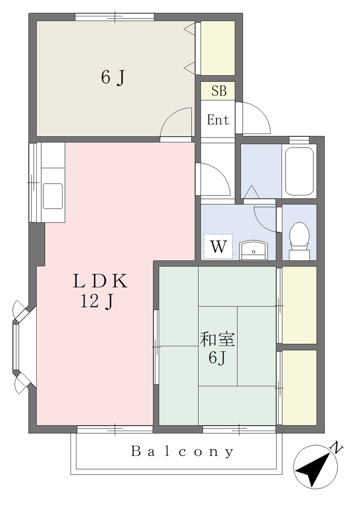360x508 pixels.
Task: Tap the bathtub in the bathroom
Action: tap(299, 172)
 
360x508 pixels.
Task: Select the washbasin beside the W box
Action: tap(253, 250)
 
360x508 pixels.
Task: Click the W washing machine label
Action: tap(218, 247)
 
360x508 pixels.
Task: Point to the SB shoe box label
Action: tap(219, 91)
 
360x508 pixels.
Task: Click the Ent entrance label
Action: tap(218, 120)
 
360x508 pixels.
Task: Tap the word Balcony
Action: tap(182, 451)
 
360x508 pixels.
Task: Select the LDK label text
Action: tap(100, 281)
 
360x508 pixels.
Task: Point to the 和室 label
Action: tap(217, 340)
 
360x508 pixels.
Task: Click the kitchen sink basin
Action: tap(53, 196)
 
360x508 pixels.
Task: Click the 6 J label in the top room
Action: tap(113, 77)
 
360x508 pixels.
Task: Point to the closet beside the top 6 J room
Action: tap(217, 48)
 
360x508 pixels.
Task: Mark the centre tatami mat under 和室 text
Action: tap(217, 346)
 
